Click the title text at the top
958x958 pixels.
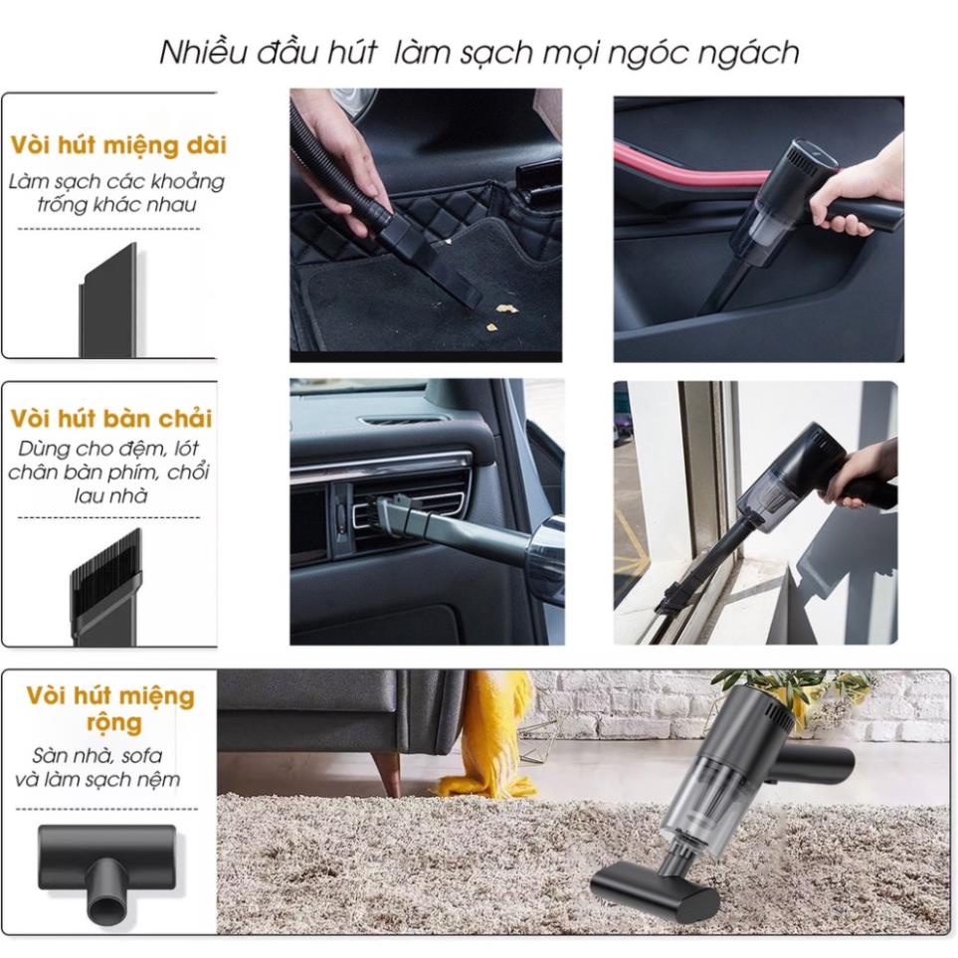click(479, 52)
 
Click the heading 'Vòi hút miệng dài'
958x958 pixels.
click(118, 146)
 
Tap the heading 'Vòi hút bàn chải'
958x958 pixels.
click(111, 419)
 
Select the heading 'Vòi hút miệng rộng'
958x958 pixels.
click(110, 708)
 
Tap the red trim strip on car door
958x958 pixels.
click(690, 165)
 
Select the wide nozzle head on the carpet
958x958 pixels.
click(655, 895)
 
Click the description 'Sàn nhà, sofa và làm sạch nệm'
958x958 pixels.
click(97, 767)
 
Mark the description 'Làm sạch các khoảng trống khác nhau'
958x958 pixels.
click(116, 192)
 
